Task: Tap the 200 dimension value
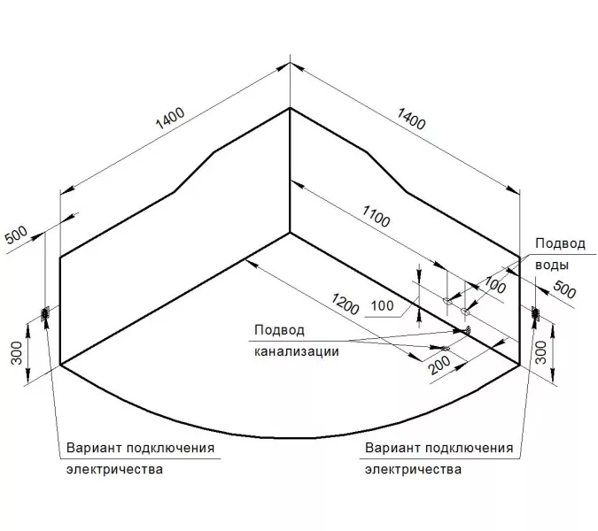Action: [439, 363]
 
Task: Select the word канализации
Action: [291, 350]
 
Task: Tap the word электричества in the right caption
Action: [413, 469]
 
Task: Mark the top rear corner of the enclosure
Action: [291, 108]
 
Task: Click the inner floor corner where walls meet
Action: [291, 234]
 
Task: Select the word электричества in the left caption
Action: [114, 469]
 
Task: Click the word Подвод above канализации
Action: [278, 330]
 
